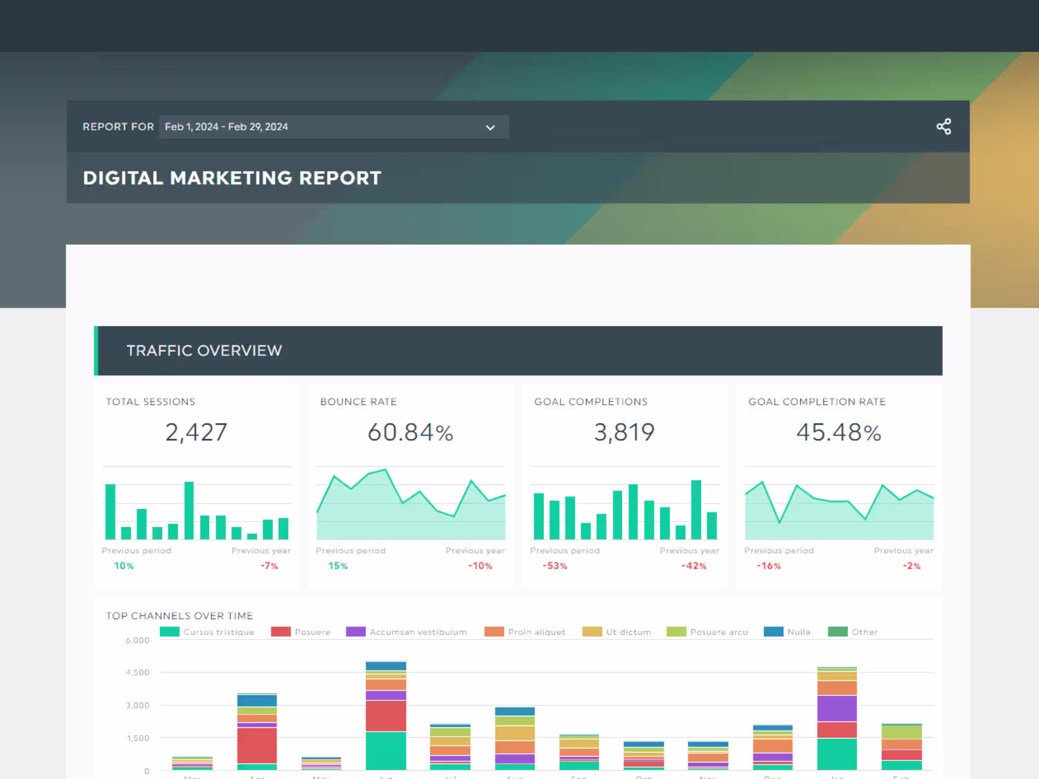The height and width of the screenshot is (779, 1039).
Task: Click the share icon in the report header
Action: pyautogui.click(x=943, y=127)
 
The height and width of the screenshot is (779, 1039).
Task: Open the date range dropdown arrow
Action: pyautogui.click(x=490, y=127)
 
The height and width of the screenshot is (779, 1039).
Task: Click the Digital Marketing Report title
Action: pyautogui.click(x=232, y=178)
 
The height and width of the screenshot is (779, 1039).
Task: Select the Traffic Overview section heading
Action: pyautogui.click(x=204, y=350)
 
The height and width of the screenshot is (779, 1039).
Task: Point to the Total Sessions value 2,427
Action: pyautogui.click(x=196, y=432)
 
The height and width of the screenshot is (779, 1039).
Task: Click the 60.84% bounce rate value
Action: pyautogui.click(x=410, y=432)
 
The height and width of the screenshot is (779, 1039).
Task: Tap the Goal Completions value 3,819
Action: pyautogui.click(x=624, y=432)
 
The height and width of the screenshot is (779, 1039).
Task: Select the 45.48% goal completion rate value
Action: pyautogui.click(x=838, y=432)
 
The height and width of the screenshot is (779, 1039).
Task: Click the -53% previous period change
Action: pyautogui.click(x=555, y=566)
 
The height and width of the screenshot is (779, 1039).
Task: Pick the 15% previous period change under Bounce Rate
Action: pyautogui.click(x=338, y=566)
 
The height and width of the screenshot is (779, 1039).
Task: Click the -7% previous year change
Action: pyautogui.click(x=269, y=566)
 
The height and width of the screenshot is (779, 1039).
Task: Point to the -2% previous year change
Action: pyautogui.click(x=912, y=566)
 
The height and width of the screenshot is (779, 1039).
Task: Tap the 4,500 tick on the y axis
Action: pyautogui.click(x=137, y=672)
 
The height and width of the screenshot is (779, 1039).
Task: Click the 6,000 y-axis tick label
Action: pyautogui.click(x=137, y=641)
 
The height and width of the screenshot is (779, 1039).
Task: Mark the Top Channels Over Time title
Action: pyautogui.click(x=179, y=616)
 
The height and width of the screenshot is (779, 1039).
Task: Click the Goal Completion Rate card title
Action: pyautogui.click(x=817, y=402)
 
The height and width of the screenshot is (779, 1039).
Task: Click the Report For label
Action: pyautogui.click(x=118, y=127)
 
